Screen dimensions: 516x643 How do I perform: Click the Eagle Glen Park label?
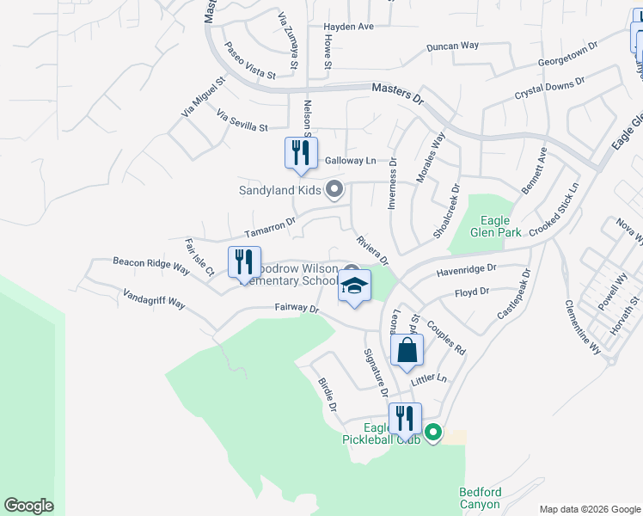(x=491, y=225)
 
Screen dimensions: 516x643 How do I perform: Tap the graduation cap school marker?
(x=354, y=286)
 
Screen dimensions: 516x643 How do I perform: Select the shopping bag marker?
(x=407, y=350)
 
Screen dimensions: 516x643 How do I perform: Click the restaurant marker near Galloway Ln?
(x=301, y=154)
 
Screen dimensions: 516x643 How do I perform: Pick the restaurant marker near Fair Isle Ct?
(x=245, y=262)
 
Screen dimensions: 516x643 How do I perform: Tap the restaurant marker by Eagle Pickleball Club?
(x=405, y=419)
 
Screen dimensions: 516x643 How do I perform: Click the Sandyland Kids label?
(x=280, y=189)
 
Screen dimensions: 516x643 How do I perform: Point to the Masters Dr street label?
(x=398, y=93)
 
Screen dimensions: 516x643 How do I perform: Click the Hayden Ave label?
(x=348, y=27)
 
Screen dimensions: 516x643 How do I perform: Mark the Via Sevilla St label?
(x=242, y=120)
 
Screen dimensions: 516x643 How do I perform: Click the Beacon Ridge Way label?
(x=151, y=264)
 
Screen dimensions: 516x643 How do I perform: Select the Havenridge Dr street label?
(x=467, y=270)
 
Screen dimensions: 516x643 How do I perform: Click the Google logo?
(x=28, y=506)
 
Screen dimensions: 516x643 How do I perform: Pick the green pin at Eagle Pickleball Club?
(x=433, y=433)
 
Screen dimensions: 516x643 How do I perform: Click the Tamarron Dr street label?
(x=269, y=227)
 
